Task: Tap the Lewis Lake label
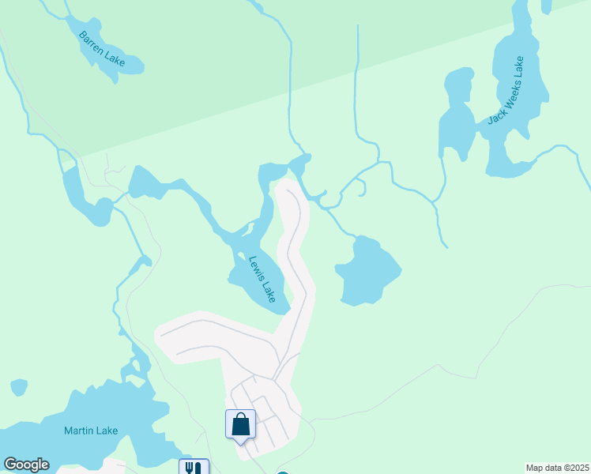coord(262,280)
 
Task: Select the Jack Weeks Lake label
coord(506,91)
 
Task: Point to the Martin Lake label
coord(91,431)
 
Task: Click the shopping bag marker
coord(241,424)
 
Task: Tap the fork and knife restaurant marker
coord(194,467)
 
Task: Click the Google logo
coord(26,465)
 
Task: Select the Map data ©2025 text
coord(556,468)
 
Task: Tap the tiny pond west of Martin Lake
coord(19,387)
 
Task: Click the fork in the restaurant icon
coord(189,467)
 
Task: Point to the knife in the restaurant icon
coord(198,467)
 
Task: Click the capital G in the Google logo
coord(11,465)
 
